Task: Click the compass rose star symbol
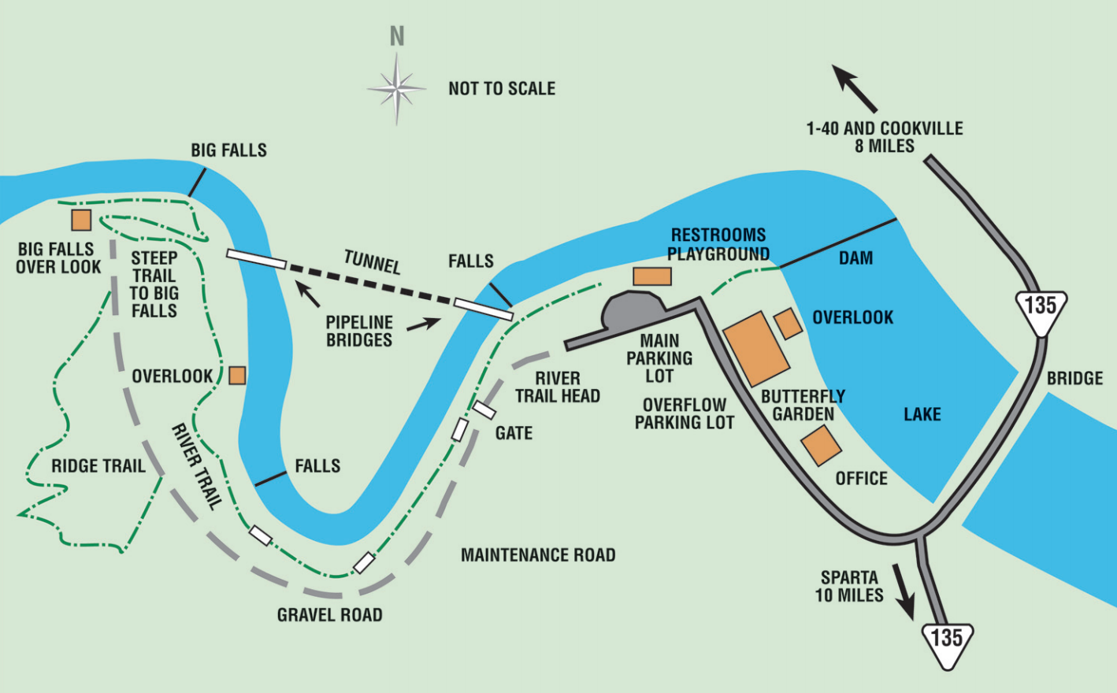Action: pyautogui.click(x=397, y=89)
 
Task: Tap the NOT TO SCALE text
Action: pyautogui.click(x=502, y=89)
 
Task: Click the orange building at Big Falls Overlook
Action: pyautogui.click(x=81, y=220)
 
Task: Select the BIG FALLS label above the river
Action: pyautogui.click(x=229, y=150)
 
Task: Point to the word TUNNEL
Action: pyautogui.click(x=373, y=261)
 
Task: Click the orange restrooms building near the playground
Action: pyautogui.click(x=652, y=276)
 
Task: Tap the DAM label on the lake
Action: pyautogui.click(x=855, y=258)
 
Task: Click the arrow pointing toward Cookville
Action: pyautogui.click(x=854, y=88)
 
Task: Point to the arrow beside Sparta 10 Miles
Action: pyautogui.click(x=904, y=592)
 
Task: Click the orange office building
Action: pyautogui.click(x=822, y=445)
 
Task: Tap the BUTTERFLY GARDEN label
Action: pyautogui.click(x=803, y=405)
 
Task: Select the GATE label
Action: pyautogui.click(x=514, y=433)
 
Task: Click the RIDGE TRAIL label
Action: pyautogui.click(x=98, y=465)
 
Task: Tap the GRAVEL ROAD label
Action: pyautogui.click(x=329, y=615)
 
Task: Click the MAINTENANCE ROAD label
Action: pyautogui.click(x=538, y=555)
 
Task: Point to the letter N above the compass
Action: pyautogui.click(x=397, y=36)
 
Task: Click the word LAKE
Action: pyautogui.click(x=922, y=414)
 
